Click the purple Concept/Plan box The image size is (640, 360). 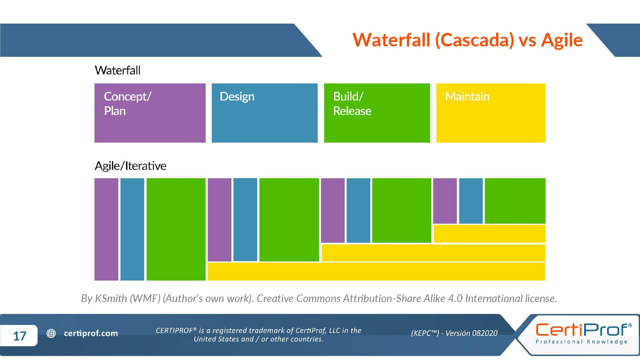(150, 113)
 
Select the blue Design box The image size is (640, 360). (265, 113)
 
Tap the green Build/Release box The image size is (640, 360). (377, 113)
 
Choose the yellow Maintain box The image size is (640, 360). (491, 113)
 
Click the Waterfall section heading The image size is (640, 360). (117, 70)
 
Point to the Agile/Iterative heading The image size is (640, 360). (130, 166)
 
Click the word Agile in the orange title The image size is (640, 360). (562, 40)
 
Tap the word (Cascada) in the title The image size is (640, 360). (475, 40)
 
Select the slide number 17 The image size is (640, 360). (20, 336)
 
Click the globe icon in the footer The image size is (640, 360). (51, 333)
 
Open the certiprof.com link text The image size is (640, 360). (91, 333)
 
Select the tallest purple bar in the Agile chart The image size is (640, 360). (106, 229)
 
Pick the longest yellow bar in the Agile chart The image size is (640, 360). (376, 271)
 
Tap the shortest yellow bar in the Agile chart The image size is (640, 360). (489, 234)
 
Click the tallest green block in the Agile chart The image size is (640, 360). (176, 229)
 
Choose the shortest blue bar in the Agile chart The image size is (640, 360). (471, 201)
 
